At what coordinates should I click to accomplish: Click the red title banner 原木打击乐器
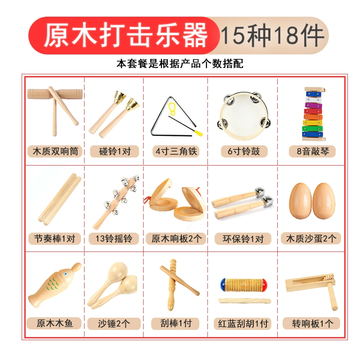[124, 36]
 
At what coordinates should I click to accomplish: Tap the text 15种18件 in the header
[272, 36]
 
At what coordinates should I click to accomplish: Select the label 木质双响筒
[55, 151]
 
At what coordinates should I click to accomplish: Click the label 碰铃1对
[115, 151]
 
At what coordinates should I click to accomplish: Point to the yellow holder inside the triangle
[172, 109]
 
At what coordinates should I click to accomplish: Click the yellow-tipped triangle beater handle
[198, 133]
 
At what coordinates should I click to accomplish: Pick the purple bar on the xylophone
[313, 106]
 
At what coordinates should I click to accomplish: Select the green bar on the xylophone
[312, 129]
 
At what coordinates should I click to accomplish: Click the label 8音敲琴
[312, 151]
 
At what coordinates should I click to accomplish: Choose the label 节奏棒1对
[54, 238]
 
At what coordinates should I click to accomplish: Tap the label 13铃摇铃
[114, 238]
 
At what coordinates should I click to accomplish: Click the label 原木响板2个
[176, 238]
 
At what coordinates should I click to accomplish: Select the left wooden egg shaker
[300, 201]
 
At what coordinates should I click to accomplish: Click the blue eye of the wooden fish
[66, 274]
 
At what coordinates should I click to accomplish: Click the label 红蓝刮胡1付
[243, 324]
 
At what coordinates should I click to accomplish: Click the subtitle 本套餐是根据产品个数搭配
[180, 63]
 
